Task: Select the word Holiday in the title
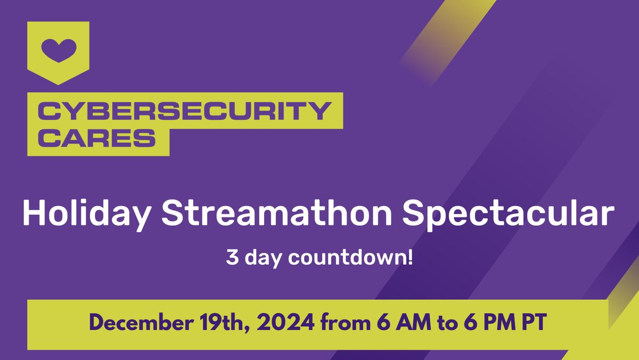pyautogui.click(x=86, y=214)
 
